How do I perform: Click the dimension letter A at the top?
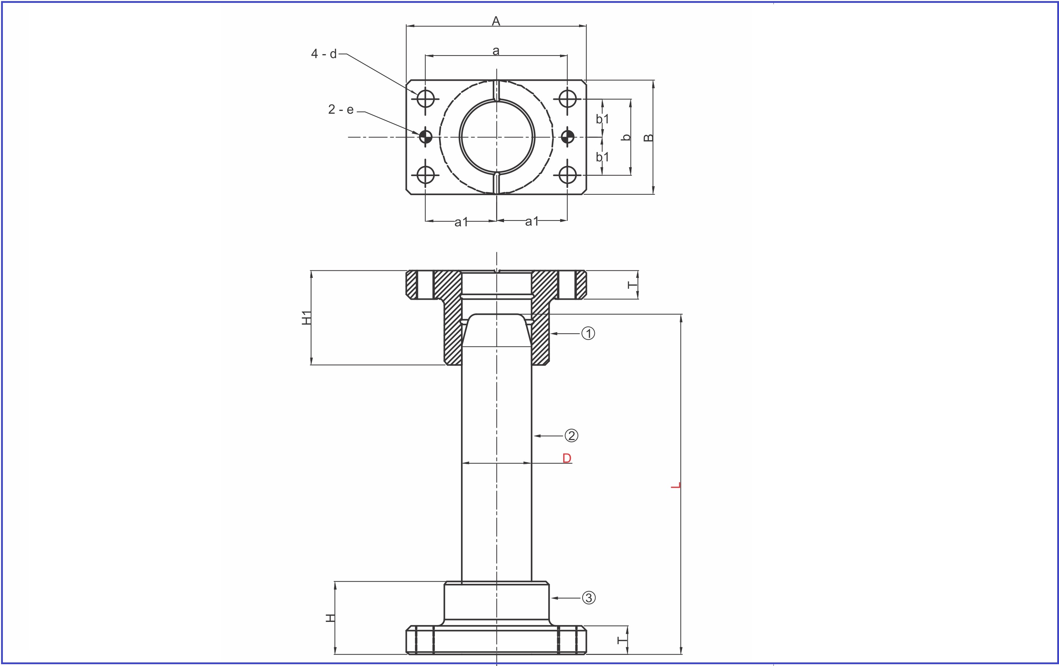[496, 21]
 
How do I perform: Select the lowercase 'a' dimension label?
[496, 51]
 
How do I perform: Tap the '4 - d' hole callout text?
[324, 54]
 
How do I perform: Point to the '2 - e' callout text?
[341, 109]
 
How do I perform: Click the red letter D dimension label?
[567, 458]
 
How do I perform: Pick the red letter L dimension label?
[676, 485]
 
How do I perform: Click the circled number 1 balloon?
[588, 334]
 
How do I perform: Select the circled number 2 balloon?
[571, 436]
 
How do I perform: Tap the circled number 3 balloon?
[589, 598]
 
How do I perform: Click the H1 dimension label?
[306, 317]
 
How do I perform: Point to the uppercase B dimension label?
[648, 138]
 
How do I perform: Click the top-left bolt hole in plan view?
[425, 99]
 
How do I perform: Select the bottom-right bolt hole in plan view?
[567, 175]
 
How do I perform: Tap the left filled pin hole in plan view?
[425, 137]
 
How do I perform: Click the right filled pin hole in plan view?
[567, 137]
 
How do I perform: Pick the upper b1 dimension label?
[603, 119]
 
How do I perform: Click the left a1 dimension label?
[461, 222]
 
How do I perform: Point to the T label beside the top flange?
[632, 285]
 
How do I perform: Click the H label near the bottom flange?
[330, 618]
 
